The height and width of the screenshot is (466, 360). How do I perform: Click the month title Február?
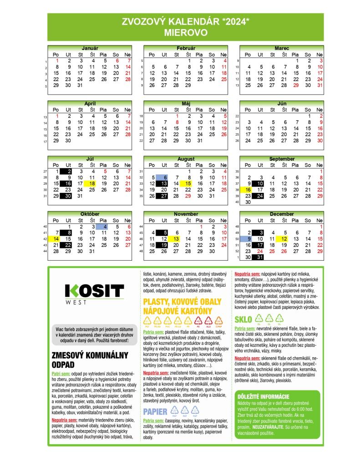point(186,48)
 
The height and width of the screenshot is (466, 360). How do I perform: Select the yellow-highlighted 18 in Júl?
point(92,183)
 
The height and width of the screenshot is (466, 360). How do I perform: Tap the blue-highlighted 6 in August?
point(164,177)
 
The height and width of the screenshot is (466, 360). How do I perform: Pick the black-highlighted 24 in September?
point(260,196)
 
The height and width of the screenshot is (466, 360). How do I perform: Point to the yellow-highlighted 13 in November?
point(176,238)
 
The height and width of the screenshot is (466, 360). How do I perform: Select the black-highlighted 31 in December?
point(260,257)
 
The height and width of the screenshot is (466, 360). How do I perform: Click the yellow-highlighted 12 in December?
point(284,238)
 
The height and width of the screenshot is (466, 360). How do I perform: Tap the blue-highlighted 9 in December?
point(248,238)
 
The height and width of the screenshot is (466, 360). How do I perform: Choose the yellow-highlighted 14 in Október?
point(56,238)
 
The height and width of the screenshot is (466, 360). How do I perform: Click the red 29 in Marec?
point(296,85)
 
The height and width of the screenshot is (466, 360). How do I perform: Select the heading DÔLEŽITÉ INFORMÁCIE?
point(264,396)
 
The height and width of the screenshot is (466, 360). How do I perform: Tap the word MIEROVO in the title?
point(186,33)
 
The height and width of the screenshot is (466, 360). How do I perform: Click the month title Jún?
point(282,104)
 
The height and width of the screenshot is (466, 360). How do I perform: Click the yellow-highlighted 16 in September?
point(248,190)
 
